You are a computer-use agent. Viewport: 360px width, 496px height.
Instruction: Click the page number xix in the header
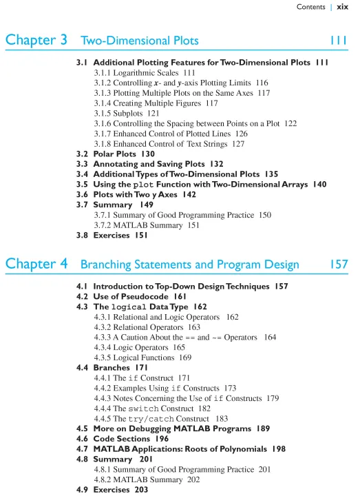(x=342, y=7)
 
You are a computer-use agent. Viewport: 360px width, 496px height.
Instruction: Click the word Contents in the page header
(x=310, y=7)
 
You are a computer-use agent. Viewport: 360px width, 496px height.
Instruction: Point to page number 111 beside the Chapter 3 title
(x=338, y=41)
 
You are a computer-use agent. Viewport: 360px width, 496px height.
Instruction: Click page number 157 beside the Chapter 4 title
(x=337, y=265)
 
